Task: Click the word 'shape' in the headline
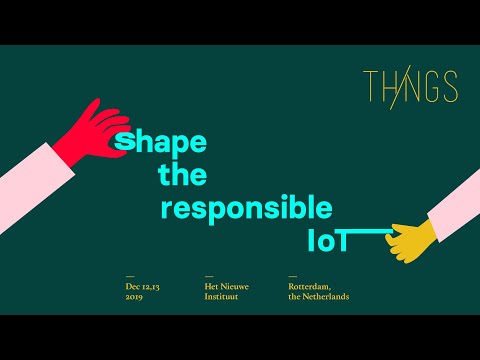tap(161, 142)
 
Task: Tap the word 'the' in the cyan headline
tap(182, 176)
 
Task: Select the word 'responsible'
tap(246, 209)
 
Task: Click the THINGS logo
tap(410, 87)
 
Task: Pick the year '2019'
tap(134, 296)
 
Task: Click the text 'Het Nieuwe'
tap(226, 287)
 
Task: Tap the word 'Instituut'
tap(222, 296)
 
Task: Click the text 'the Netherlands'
tap(318, 296)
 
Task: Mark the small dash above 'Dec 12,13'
tap(129, 276)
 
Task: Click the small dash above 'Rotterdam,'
tap(292, 276)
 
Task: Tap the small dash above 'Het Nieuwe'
tap(208, 276)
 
